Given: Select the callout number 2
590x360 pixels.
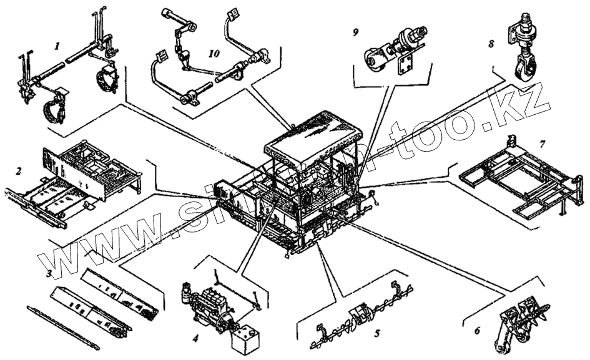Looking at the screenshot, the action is click(19, 170).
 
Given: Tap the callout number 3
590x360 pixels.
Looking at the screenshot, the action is click(48, 273).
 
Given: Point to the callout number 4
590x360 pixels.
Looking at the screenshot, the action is click(195, 339).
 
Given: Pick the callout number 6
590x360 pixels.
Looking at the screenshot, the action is click(477, 330).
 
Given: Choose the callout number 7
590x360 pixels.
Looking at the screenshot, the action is click(543, 144).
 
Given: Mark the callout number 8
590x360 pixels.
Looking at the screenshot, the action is click(491, 44).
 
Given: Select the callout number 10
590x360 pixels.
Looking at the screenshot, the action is click(214, 54).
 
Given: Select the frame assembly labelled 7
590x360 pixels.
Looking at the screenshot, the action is click(518, 181).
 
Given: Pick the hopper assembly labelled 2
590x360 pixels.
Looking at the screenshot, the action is click(75, 181).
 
